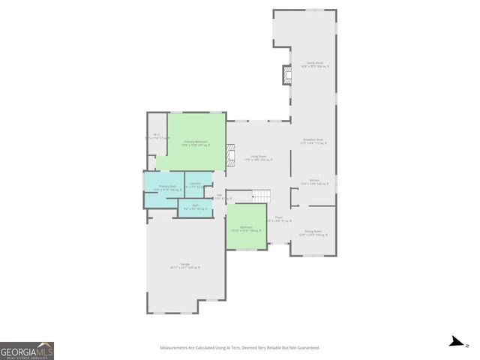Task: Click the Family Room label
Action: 315,64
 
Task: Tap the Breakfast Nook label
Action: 313,141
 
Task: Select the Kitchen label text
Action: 314,181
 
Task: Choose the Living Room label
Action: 258,157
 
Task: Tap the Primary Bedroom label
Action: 196,142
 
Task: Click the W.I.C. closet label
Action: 157,136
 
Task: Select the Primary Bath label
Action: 167,187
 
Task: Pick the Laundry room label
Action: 194,184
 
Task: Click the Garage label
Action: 184,265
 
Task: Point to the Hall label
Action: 219,196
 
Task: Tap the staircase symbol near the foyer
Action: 260,196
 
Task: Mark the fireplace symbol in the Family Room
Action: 286,75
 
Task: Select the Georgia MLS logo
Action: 27,351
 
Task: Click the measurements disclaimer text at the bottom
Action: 240,348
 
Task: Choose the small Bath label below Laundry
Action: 195,207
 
